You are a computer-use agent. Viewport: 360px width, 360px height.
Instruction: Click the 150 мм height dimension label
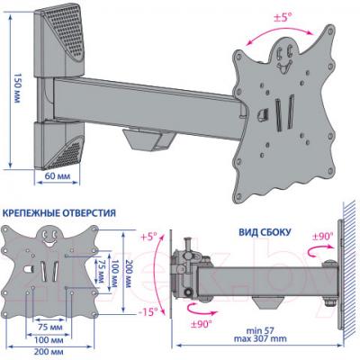(17, 88)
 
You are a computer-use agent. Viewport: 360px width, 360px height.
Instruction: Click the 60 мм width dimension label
(58, 175)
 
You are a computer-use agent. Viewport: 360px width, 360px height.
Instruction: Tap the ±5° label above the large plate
(283, 18)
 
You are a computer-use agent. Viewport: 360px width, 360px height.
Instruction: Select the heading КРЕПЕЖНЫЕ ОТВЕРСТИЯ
(58, 213)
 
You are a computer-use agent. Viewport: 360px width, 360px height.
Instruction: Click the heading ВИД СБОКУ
(265, 232)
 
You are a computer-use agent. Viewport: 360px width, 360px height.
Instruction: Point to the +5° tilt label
(148, 238)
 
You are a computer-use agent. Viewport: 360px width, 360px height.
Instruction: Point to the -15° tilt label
(148, 312)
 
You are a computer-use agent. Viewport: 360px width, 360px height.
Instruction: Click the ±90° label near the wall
(322, 237)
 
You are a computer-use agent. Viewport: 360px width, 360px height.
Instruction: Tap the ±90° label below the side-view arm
(201, 324)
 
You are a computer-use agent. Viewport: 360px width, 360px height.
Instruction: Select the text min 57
(260, 331)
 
